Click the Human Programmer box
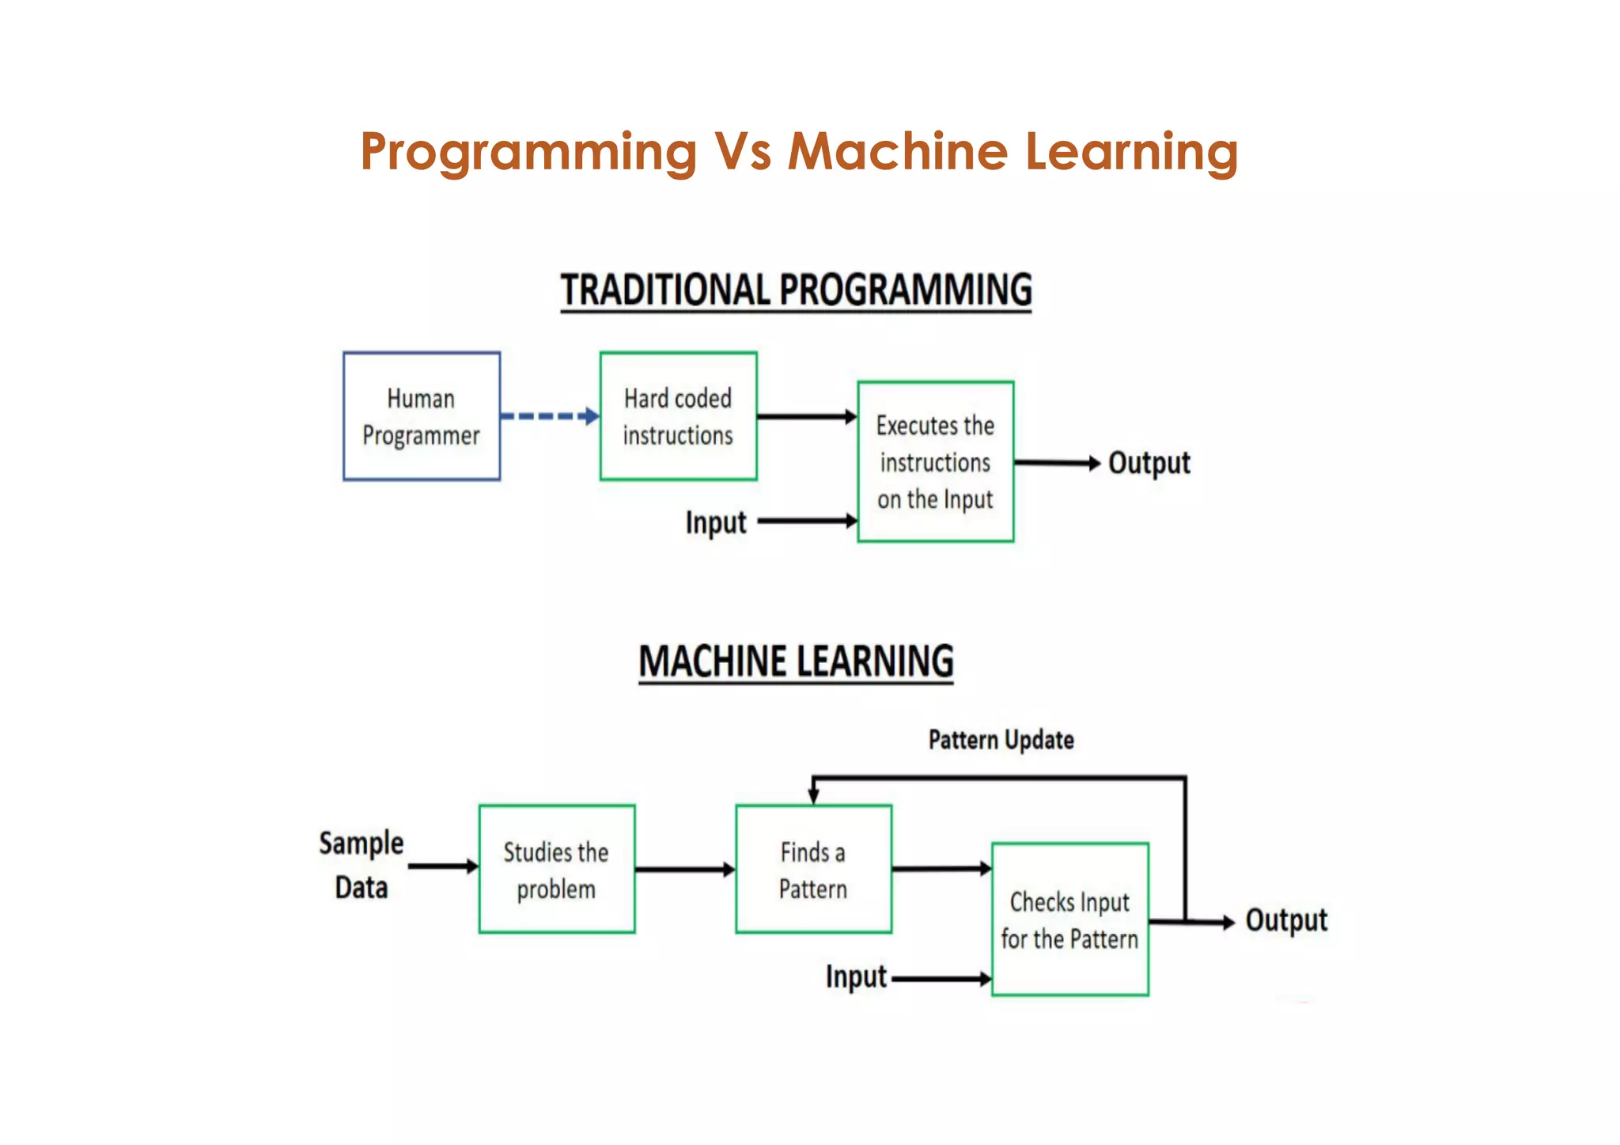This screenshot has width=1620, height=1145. [422, 416]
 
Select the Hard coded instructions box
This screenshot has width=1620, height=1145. [678, 416]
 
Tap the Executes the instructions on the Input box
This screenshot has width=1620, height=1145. [935, 462]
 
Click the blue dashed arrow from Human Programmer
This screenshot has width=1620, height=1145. [549, 416]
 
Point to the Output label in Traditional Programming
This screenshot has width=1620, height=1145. [1149, 463]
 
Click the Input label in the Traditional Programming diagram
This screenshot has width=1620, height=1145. [715, 522]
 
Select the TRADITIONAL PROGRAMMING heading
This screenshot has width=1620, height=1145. [796, 290]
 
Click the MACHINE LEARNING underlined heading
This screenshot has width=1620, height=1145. [796, 662]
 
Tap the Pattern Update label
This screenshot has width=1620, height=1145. [1001, 740]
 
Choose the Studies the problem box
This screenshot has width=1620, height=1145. [556, 869]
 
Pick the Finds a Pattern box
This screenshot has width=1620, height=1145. [813, 869]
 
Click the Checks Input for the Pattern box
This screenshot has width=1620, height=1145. [1069, 919]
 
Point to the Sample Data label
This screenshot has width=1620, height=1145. [361, 865]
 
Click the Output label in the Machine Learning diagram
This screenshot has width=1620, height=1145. [1285, 920]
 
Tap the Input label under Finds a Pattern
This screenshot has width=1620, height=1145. [856, 977]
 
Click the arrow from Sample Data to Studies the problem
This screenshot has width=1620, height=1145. [443, 866]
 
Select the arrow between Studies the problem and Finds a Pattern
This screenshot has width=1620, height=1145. [684, 870]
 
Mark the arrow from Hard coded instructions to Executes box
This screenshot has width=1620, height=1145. [806, 416]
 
